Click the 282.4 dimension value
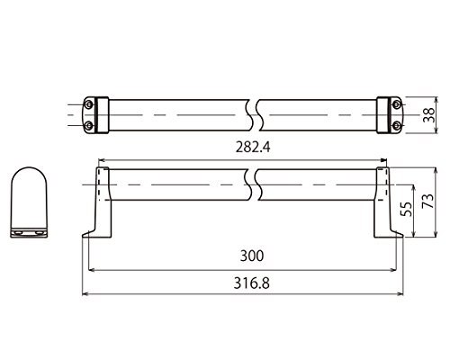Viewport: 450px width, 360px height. coord(253,148)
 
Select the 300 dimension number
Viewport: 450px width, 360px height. coord(252,256)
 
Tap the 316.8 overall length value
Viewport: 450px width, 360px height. coord(252,283)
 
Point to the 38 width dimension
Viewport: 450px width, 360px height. coord(429,115)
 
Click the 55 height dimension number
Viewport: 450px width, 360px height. coord(407,209)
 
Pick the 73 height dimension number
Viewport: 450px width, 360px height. coord(428,201)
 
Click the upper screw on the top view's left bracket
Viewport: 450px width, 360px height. coord(88,104)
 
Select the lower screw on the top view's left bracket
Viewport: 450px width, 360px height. coord(88,126)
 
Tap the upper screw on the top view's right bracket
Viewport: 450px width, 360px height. coord(397,104)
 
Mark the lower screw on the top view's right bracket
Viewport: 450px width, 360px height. coord(397,126)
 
